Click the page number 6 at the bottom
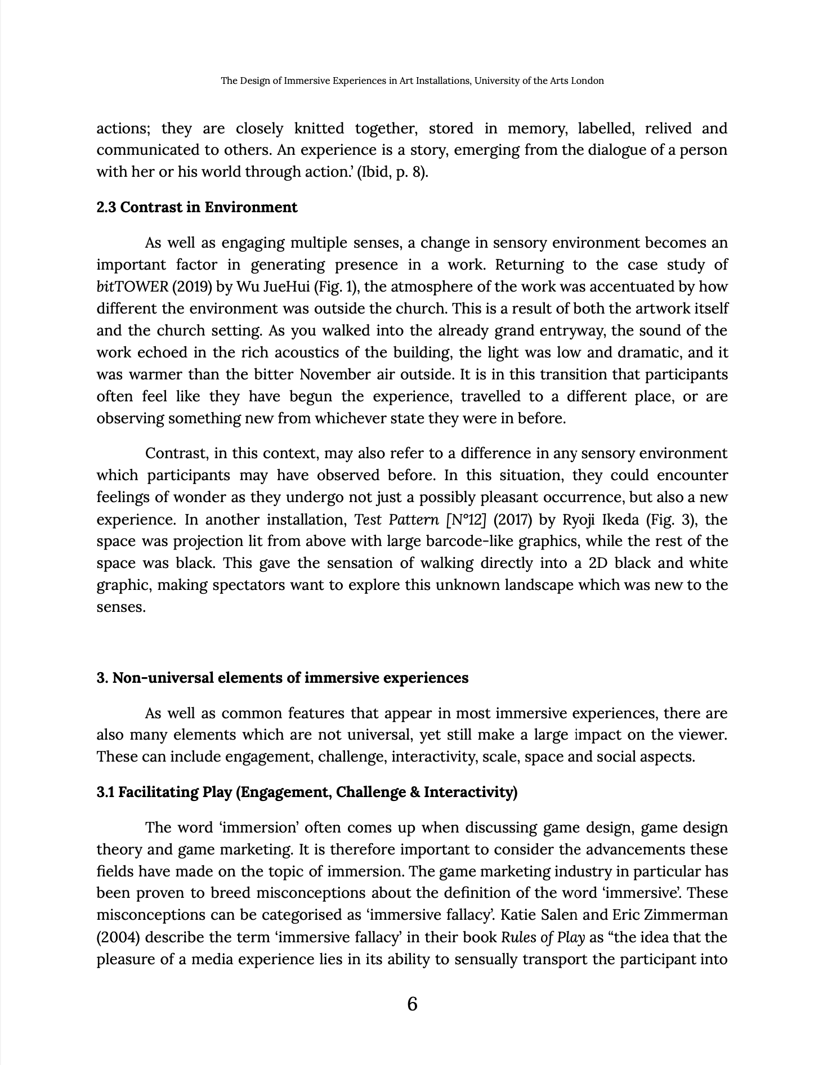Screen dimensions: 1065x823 tap(411, 1004)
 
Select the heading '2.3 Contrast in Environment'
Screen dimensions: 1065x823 tap(196, 207)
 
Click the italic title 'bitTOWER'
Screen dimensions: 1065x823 tap(132, 287)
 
